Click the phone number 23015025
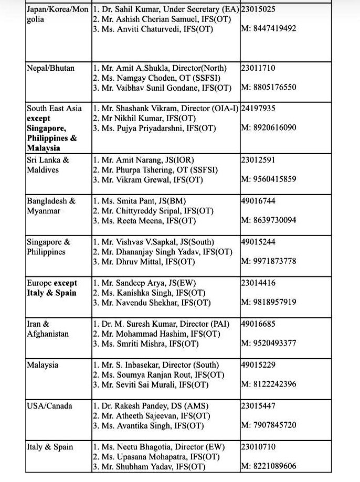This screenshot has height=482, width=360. pos(258,9)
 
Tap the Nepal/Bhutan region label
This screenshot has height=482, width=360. pos(51,68)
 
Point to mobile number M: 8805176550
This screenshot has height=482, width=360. pos(269,87)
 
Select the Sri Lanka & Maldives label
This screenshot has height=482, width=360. pos(48,165)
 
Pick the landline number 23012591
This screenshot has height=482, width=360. pos(258,160)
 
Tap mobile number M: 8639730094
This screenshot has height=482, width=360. pos(269,220)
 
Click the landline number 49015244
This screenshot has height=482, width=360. pos(258,242)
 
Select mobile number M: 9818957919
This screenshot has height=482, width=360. pos(269,302)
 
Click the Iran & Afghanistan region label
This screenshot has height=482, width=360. pos(48,329)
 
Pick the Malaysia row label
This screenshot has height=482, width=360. pos(43,365)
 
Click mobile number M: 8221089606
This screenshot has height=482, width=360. pos(269,466)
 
